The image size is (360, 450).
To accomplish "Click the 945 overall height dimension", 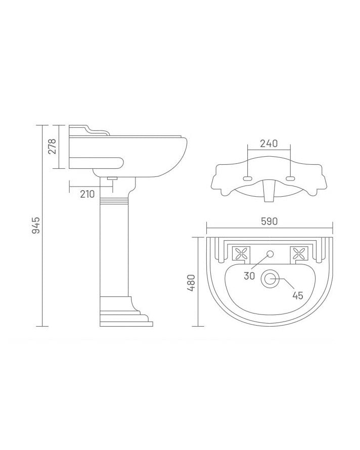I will click(x=35, y=225).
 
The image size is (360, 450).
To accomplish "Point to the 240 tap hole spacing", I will click(x=268, y=144).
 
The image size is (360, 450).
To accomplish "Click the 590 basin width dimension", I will click(x=269, y=221).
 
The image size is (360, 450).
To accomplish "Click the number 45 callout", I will click(x=297, y=295).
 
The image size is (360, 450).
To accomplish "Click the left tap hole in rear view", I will click(x=248, y=178).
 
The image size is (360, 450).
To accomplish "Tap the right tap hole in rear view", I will click(x=290, y=178).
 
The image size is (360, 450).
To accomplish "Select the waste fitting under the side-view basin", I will click(x=112, y=178).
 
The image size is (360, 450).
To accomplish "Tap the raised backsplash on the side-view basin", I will click(x=89, y=130).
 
